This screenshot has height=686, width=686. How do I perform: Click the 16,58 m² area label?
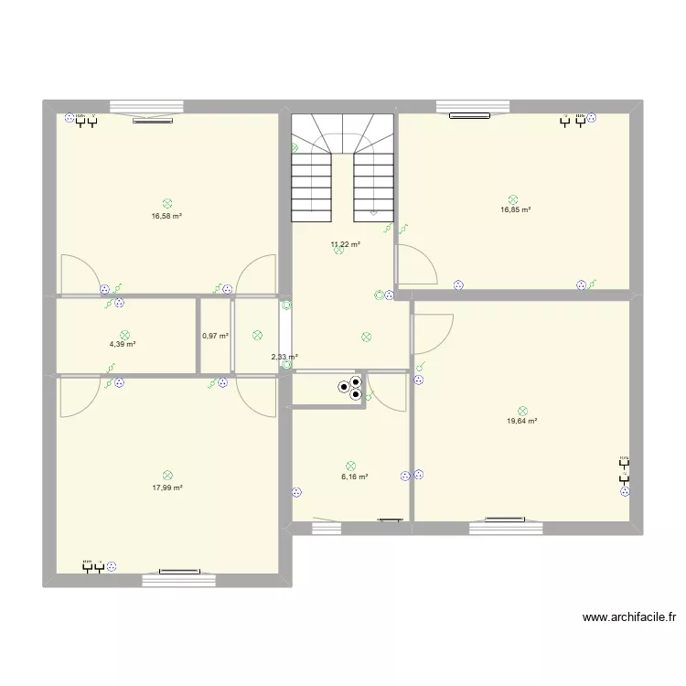[x=166, y=216]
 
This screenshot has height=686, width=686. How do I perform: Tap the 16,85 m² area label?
[x=515, y=209]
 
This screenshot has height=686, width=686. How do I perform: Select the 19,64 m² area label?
[x=521, y=422]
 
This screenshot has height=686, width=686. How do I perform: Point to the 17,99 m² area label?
[x=167, y=488]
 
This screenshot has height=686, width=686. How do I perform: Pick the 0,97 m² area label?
[x=215, y=337]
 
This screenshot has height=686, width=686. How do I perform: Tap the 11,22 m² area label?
[x=345, y=244]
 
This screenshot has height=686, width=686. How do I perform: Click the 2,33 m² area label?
[x=284, y=357]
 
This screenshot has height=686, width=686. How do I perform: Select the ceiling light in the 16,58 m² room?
[x=166, y=204]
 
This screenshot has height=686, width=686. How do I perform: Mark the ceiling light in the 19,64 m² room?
[x=522, y=411]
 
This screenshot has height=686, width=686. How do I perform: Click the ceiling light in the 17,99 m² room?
[x=167, y=475]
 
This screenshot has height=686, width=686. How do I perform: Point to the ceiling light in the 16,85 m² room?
[x=514, y=198]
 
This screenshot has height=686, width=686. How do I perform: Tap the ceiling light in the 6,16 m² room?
[x=350, y=466]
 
